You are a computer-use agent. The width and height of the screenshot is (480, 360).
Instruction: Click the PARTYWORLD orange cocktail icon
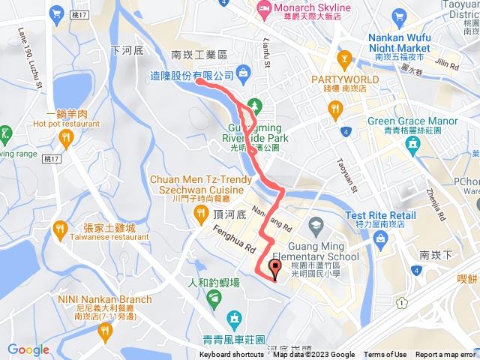pos(344,58)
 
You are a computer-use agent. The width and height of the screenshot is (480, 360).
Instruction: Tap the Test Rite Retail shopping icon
pos(380,239)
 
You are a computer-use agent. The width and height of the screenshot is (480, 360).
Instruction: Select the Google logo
pos(28,349)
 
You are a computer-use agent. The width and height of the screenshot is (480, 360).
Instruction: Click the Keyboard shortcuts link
pos(232,355)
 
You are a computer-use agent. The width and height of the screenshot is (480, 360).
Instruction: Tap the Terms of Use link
pos(385,355)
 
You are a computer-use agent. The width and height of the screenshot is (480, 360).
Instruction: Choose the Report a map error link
pos(445,355)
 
